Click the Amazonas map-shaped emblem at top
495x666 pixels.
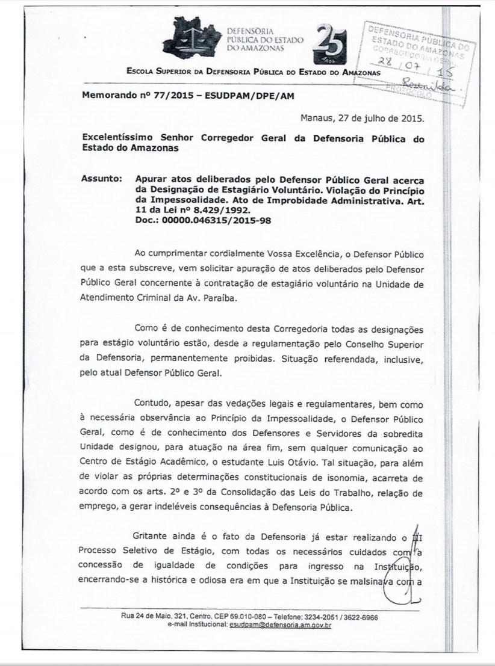tap(192, 43)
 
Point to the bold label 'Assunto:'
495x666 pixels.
tap(101, 179)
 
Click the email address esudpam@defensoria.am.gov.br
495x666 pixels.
tap(279, 626)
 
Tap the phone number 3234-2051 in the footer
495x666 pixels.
tap(324, 617)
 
